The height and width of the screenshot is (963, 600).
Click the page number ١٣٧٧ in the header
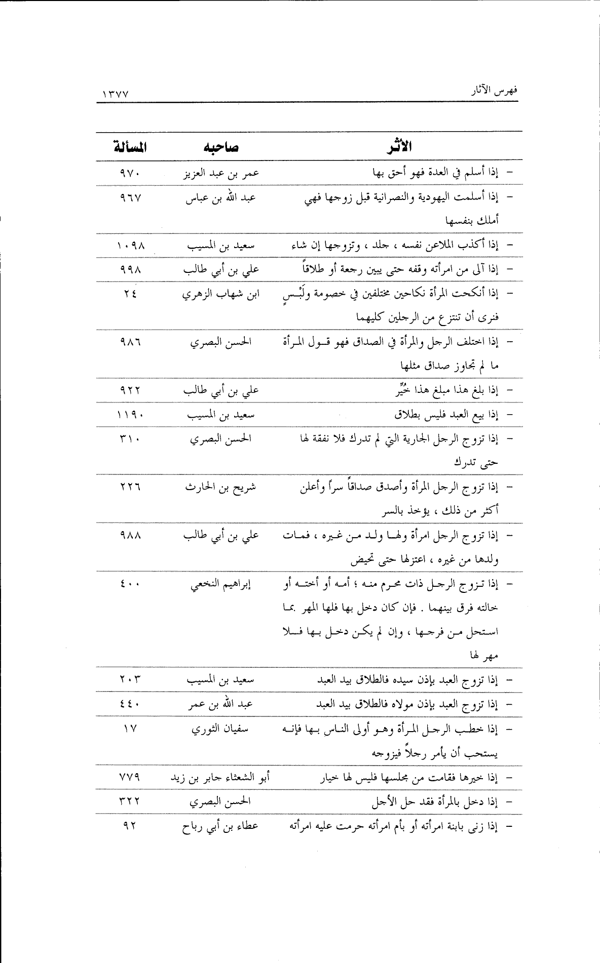coord(116,94)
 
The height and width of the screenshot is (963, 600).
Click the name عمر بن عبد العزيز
coord(220,173)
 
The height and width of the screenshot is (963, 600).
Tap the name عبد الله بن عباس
coord(220,197)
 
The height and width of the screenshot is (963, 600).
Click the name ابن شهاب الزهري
coord(220,294)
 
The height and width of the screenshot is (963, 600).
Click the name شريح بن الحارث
coord(220,488)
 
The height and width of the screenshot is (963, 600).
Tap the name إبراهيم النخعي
coord(220,585)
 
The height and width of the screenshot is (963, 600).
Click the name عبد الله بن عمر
coord(220,704)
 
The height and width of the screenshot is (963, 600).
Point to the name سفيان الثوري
coord(220,729)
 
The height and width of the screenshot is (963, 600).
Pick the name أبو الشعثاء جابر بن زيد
coord(220,777)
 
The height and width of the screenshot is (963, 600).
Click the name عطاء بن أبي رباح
coord(220,826)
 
